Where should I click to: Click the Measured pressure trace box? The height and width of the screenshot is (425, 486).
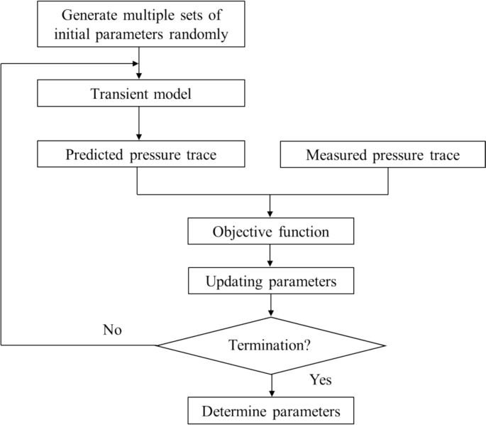click(x=382, y=154)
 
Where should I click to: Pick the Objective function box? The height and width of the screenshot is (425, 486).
click(x=270, y=232)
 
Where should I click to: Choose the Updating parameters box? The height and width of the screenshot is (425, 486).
click(x=270, y=281)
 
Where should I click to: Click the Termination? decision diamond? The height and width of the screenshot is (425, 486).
click(x=270, y=346)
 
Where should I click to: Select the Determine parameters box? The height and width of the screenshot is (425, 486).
click(x=270, y=411)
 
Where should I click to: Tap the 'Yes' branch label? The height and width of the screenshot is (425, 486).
click(x=321, y=380)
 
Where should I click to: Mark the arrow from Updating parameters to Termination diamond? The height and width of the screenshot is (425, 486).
click(x=270, y=306)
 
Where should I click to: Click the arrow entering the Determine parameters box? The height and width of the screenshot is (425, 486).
click(x=270, y=386)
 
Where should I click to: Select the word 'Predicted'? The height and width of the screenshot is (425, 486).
click(x=93, y=154)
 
